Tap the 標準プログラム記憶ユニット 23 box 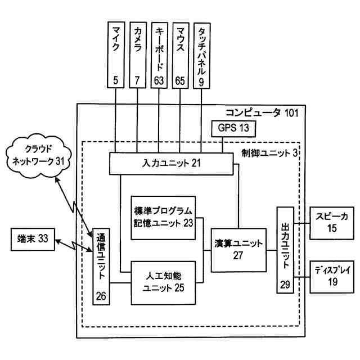[164, 214]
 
